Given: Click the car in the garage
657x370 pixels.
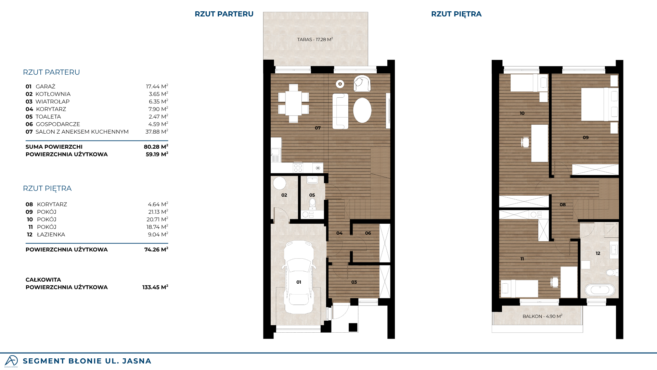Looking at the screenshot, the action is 299,277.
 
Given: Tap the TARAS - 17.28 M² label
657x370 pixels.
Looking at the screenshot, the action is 315,39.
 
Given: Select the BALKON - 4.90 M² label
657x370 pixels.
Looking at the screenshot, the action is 542,316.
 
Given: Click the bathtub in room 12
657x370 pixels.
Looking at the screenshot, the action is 600,290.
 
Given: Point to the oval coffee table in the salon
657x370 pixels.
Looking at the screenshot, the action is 362,110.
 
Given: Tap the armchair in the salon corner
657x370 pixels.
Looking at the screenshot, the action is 362,83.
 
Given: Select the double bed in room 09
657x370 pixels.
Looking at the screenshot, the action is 600,104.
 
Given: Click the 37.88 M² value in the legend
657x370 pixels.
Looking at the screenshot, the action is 157,132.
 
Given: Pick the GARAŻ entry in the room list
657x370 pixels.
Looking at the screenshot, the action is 46,87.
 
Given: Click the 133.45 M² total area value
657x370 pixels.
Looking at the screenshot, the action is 155,287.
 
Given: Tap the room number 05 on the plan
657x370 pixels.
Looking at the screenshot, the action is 312,195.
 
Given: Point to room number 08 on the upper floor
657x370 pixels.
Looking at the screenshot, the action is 563,205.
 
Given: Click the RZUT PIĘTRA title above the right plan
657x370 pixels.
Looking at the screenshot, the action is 456,14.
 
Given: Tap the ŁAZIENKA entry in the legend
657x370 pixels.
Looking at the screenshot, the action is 51,234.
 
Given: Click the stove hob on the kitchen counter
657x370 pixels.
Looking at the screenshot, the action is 298,168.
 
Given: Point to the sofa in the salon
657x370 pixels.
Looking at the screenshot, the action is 340,111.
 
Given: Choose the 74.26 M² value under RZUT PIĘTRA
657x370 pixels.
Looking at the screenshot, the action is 156,249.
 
